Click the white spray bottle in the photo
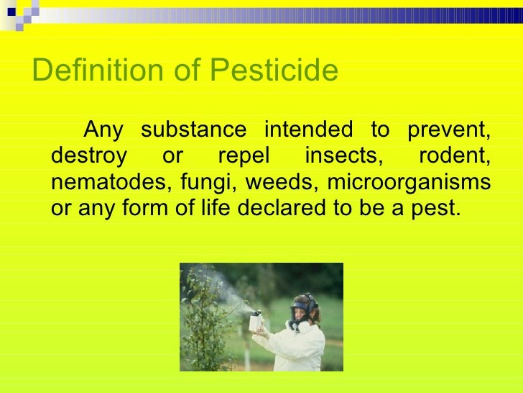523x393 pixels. click(254, 322)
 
